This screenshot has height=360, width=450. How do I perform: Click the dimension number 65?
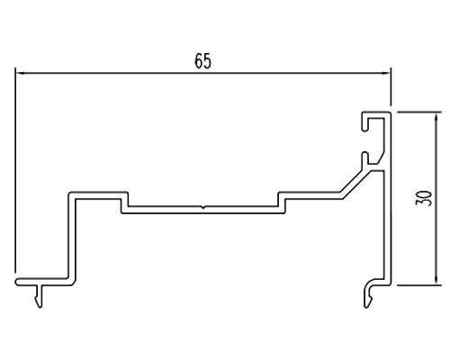coord(203,61)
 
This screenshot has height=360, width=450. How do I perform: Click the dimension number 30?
coord(424,198)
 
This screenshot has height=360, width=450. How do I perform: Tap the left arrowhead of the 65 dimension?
coord(21,73)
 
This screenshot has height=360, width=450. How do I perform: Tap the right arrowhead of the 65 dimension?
coord(385,73)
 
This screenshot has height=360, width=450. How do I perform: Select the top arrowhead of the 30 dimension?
coord(436,117)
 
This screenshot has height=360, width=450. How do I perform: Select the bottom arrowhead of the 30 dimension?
coord(436,280)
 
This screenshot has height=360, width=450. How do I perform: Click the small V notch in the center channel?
coord(203,207)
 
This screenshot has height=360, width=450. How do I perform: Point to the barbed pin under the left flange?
coord(39,296)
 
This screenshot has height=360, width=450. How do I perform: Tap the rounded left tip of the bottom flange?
coord(17,282)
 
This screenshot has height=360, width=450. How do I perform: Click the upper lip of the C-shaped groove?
coord(364,122)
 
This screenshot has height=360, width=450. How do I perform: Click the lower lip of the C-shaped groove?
coord(364,159)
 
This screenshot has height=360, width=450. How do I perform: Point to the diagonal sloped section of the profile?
coord(355,183)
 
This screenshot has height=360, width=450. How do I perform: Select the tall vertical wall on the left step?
coord(72,237)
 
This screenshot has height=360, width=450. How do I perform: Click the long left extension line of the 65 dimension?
coord(15,170)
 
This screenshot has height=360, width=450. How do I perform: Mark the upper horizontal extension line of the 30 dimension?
coord(419,112)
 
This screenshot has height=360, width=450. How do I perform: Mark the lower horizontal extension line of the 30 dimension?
coord(419,285)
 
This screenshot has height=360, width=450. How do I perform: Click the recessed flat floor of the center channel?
coord(203,210)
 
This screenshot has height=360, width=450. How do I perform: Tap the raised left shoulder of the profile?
coord(98,195)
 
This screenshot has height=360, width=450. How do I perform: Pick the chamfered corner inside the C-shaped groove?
coord(381,159)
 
